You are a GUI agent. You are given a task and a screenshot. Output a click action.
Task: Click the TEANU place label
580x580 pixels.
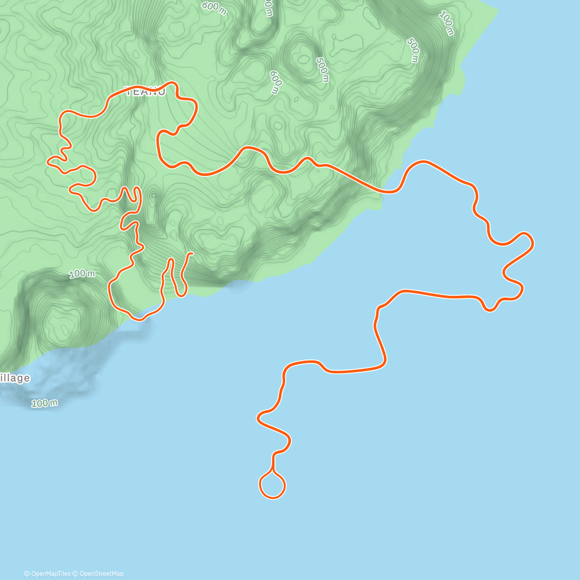145,92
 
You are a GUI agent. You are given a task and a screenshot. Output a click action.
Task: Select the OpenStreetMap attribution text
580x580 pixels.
101,574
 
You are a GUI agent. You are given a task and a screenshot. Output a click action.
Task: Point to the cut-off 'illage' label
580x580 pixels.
14,378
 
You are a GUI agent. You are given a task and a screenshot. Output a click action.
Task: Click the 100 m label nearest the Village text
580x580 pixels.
44,403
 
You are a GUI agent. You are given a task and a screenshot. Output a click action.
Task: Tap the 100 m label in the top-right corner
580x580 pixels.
447,23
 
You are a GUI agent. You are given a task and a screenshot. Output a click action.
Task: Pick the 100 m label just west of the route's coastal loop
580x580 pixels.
82,274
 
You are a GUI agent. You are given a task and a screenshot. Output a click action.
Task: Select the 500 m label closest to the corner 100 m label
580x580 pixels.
413,50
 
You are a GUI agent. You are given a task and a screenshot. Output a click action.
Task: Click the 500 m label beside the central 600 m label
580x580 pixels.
322,69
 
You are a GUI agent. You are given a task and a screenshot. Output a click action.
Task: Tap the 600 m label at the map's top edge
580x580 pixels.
214,7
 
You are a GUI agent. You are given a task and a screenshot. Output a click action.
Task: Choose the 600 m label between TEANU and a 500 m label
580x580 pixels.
275,82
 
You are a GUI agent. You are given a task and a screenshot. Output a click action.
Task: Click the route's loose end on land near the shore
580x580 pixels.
192,253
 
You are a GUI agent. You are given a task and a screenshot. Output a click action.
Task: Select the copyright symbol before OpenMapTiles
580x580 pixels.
27,574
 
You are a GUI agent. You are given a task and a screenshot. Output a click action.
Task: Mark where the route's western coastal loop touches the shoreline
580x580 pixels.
140,318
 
